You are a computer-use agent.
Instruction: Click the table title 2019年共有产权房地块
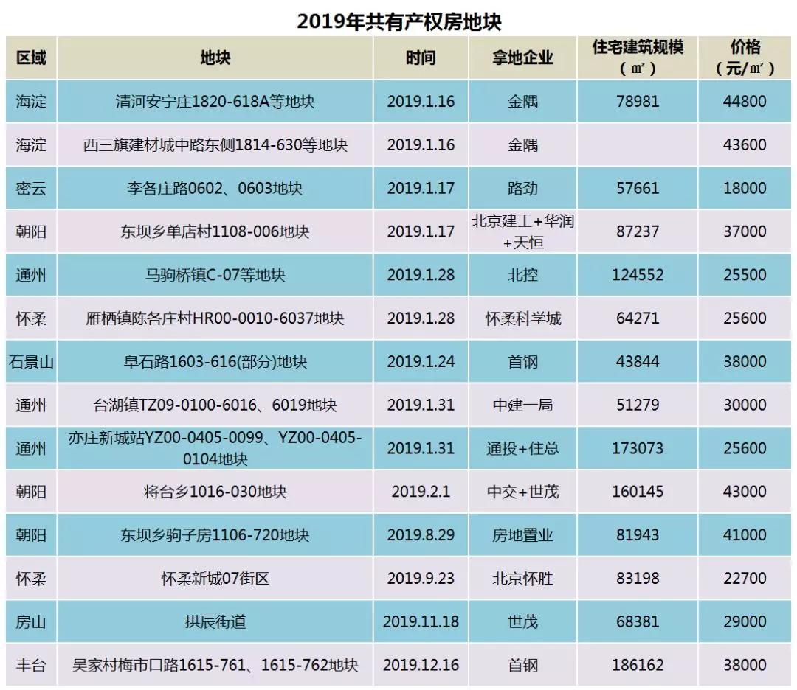[399, 21]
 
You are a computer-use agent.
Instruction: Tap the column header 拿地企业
[522, 58]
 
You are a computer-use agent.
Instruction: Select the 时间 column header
[421, 58]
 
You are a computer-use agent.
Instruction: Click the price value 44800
[745, 102]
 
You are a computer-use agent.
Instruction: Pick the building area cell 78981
[638, 102]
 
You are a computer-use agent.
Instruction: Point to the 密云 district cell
[31, 188]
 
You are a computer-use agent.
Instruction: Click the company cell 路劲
[522, 188]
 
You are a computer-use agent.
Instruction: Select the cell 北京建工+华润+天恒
[522, 231]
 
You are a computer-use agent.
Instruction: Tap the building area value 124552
[638, 275]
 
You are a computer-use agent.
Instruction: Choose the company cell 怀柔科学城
[522, 318]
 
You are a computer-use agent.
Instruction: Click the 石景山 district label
[31, 362]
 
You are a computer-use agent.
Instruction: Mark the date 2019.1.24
[421, 362]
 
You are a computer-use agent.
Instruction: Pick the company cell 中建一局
[522, 405]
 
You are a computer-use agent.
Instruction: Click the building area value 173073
[638, 448]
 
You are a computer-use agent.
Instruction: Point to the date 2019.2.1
[421, 492]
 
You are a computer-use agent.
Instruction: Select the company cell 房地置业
[522, 535]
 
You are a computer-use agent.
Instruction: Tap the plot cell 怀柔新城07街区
[215, 579]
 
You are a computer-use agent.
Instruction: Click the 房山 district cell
[31, 622]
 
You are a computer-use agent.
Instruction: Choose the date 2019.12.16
[421, 666]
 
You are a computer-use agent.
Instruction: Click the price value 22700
[745, 579]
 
